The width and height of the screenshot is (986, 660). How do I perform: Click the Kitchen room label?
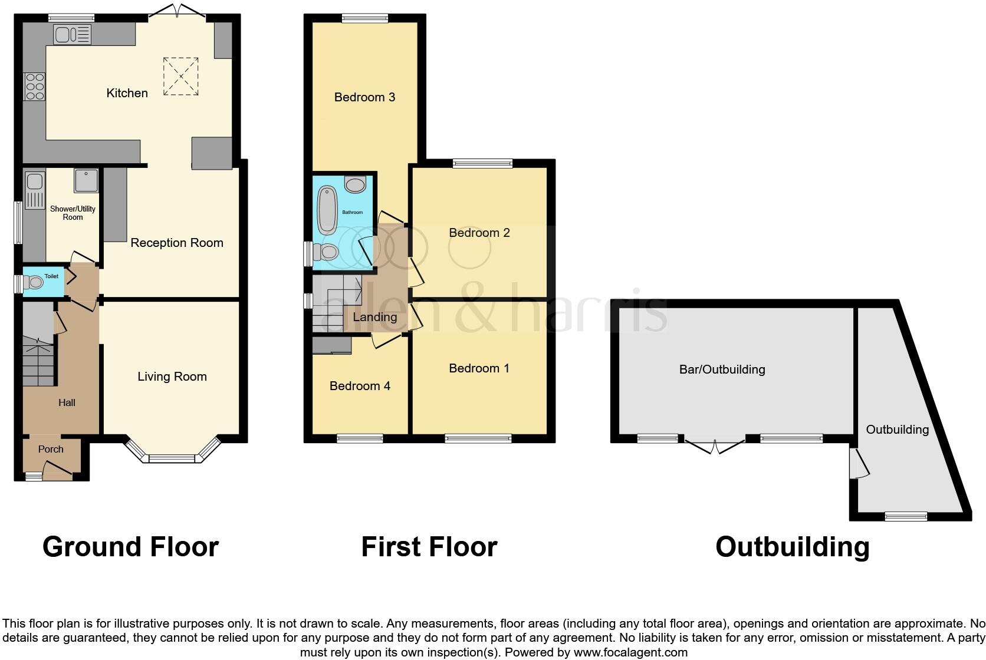click(x=127, y=93)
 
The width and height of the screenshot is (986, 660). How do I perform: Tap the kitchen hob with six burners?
click(x=35, y=86)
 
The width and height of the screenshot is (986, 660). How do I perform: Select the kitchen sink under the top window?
click(x=72, y=35)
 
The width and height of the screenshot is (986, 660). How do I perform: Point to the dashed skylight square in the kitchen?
click(x=180, y=76)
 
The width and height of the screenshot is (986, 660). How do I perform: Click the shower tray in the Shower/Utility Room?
click(x=87, y=181)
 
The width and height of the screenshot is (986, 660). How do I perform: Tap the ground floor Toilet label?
click(x=51, y=276)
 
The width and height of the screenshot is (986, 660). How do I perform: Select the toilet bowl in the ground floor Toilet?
click(x=34, y=283)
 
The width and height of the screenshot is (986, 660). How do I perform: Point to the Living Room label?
click(x=172, y=377)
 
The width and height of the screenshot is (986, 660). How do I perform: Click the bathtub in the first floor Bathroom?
click(x=327, y=210)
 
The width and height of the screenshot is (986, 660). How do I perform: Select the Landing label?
click(x=374, y=317)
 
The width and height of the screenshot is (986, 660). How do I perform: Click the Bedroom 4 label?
click(x=360, y=386)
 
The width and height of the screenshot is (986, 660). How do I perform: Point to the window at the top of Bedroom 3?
click(x=364, y=18)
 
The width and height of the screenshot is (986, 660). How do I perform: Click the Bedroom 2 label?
click(x=479, y=233)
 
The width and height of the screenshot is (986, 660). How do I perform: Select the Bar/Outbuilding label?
click(x=722, y=369)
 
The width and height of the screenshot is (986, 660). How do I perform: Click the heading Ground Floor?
click(x=130, y=547)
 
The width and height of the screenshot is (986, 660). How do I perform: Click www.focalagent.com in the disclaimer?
click(x=630, y=652)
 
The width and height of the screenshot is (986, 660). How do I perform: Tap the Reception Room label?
click(x=176, y=243)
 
